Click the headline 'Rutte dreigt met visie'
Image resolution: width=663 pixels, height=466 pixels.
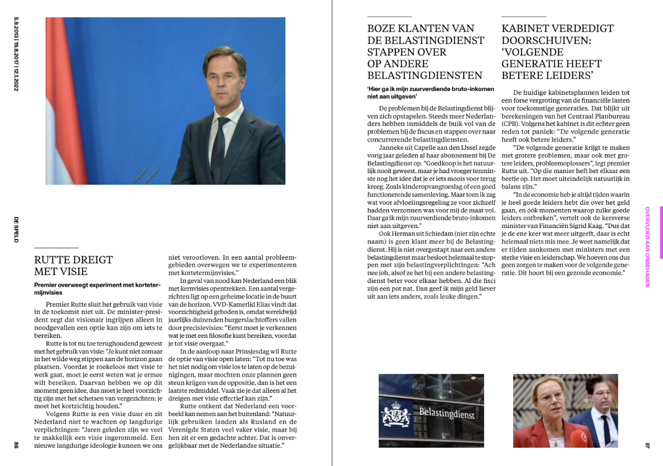tap(73, 265)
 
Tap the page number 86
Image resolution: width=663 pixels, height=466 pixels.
tap(16, 444)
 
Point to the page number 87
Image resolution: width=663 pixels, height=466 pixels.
tap(647, 444)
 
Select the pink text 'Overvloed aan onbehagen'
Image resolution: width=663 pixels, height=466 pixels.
tap(647, 246)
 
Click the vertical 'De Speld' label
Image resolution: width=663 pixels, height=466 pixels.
tap(16, 229)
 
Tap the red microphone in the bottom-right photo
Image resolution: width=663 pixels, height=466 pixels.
tap(580, 437)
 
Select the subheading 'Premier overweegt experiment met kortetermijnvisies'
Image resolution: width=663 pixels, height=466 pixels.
tap(97, 288)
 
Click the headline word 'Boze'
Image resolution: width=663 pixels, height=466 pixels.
tap(381, 28)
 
